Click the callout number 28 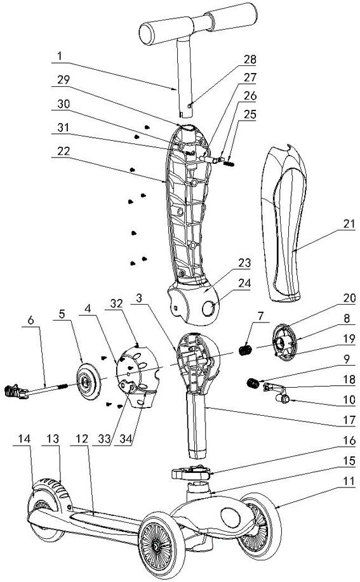click(250, 59)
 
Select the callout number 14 click(24, 439)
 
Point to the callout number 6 click(31, 320)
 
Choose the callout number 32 click(116, 303)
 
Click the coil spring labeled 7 click(245, 350)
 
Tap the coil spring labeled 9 click(253, 383)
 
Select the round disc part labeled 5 click(88, 381)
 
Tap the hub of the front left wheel click(156, 546)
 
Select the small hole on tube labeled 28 click(190, 106)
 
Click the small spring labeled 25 click(229, 162)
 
